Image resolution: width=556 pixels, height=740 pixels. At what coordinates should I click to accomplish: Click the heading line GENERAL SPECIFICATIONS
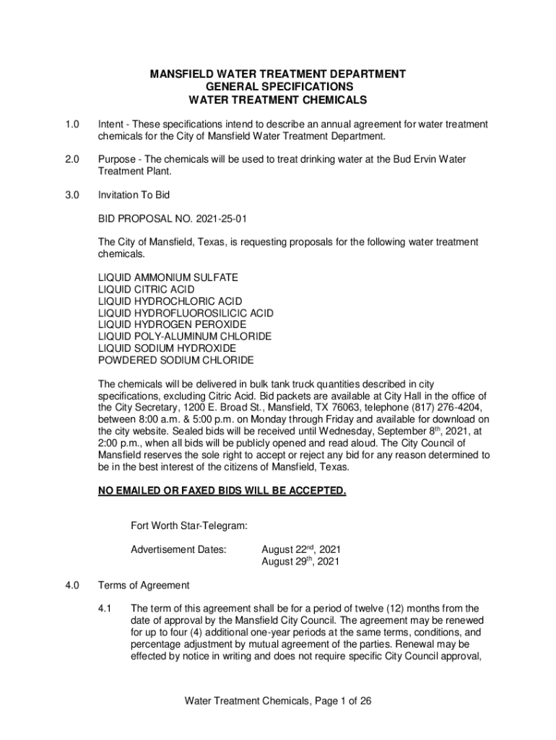pos(277,87)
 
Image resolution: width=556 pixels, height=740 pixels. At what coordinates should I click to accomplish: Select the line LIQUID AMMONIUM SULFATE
pos(168,277)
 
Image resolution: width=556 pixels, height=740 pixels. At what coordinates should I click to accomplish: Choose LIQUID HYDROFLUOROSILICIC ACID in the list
pos(186,313)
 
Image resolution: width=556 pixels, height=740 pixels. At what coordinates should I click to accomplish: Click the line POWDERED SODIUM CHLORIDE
pos(175,360)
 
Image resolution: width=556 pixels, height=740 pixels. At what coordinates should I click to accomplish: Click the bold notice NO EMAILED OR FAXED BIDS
pos(222,491)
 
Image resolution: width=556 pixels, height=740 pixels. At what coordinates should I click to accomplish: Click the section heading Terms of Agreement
pos(144,585)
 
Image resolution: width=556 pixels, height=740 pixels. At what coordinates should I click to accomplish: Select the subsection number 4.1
pos(105,608)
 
